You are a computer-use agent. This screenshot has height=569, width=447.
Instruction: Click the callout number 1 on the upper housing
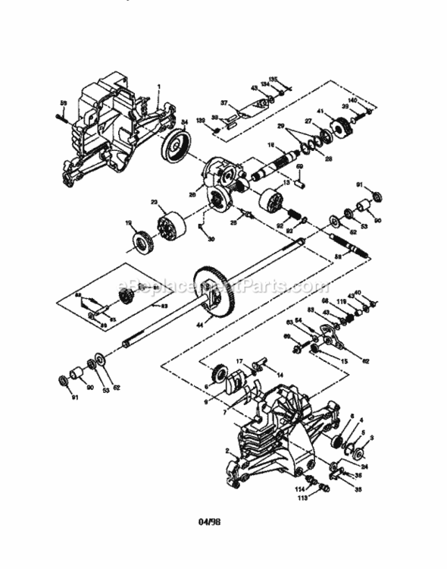(x=159, y=86)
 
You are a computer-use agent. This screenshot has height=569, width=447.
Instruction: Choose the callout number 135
(x=274, y=78)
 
